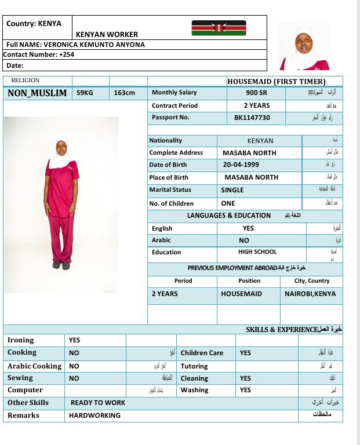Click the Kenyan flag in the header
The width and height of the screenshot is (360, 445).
(219, 28)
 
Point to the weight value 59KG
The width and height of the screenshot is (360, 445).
(85, 93)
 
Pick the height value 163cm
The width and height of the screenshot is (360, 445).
(125, 93)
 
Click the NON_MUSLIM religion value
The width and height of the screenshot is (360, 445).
(37, 93)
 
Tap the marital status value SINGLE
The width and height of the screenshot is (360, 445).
(232, 190)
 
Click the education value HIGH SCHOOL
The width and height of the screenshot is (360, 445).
(257, 252)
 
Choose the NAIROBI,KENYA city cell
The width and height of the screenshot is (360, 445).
(310, 294)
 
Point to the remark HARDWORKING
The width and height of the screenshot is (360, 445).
(94, 415)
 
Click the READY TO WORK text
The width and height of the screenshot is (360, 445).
(98, 403)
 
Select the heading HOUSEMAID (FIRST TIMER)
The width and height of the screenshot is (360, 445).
(276, 82)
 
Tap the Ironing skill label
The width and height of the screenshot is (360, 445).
(21, 340)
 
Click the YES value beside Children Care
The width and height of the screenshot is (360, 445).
(245, 353)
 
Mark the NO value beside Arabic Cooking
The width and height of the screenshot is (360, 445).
(74, 366)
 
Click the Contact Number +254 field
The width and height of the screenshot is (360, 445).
(39, 54)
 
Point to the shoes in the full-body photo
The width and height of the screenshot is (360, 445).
(61, 265)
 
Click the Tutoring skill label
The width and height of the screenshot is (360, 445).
(194, 366)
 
